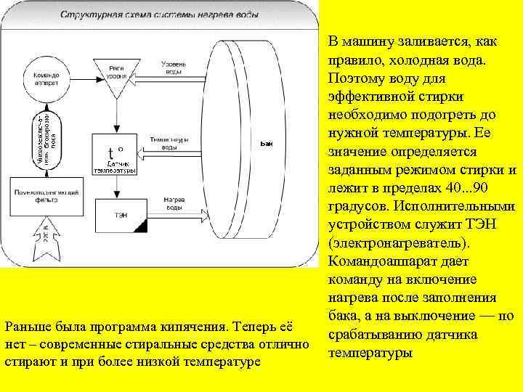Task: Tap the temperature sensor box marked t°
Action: pyautogui.click(x=115, y=155)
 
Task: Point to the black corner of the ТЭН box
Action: pyautogui.click(x=141, y=227)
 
